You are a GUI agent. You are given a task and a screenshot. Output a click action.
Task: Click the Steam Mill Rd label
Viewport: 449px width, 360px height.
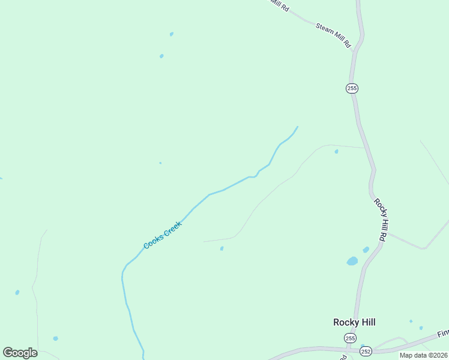coord(334,35)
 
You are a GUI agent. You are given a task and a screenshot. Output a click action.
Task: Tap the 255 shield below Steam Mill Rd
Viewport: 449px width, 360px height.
coord(352,88)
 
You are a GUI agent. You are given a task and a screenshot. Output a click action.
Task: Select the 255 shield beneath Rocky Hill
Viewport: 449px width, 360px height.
coord(349,338)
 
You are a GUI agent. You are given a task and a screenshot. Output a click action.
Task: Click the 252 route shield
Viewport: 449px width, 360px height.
coord(365,351)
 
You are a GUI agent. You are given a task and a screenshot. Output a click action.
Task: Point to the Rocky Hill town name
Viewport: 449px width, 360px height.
coord(354,322)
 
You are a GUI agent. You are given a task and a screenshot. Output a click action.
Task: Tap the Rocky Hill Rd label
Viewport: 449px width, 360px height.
coord(380,220)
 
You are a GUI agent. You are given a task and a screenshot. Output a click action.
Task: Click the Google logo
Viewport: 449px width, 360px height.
coord(20,353)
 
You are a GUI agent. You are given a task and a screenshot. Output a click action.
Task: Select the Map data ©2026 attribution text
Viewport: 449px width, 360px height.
coord(423,355)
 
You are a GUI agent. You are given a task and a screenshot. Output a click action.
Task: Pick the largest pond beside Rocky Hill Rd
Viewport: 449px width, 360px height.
coord(352,261)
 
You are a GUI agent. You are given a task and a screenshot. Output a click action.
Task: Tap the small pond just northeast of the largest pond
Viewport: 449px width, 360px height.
coord(366,250)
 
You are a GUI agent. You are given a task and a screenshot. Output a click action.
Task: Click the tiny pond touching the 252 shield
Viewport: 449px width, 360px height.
coord(363,346)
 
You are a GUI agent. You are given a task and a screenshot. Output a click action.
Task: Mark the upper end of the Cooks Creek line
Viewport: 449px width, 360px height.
coord(297,127)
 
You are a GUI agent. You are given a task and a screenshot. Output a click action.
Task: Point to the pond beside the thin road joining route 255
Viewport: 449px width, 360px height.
coord(336,151)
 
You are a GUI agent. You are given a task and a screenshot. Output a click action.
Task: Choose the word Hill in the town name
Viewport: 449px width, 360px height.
coord(367,322)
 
